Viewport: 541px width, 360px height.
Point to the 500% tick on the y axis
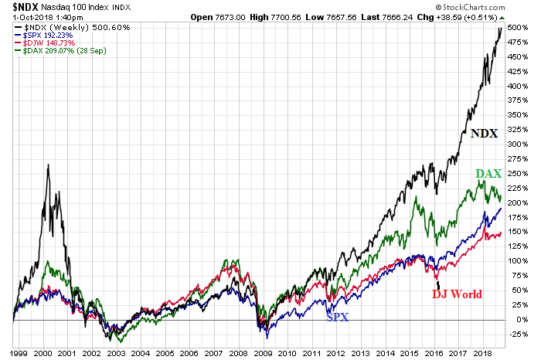click(x=519, y=28)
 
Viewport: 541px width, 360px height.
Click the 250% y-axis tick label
click(x=519, y=173)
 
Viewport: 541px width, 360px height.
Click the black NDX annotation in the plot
click(x=483, y=133)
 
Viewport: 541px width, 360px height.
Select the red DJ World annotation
click(x=457, y=294)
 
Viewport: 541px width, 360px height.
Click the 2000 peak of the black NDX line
click(x=49, y=165)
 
